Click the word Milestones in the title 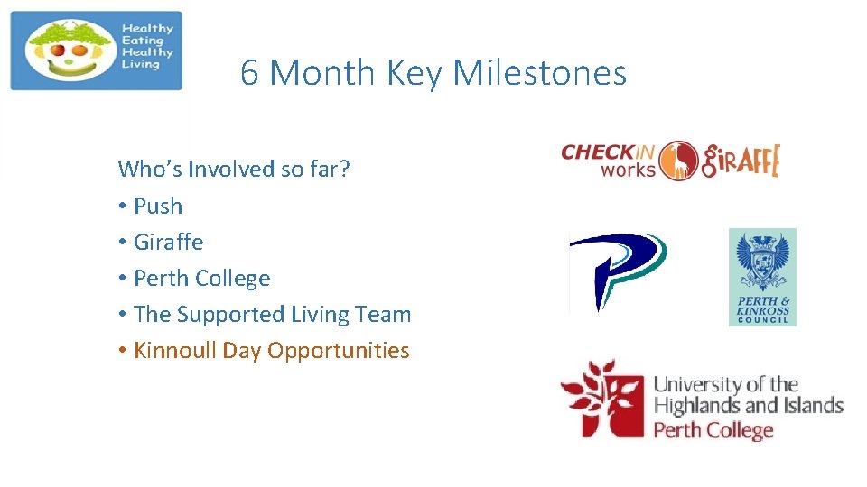[x=539, y=73]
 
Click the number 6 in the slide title [x=250, y=73]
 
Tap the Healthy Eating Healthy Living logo [x=97, y=51]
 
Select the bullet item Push [x=158, y=207]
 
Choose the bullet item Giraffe [x=169, y=243]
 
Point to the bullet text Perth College [x=201, y=279]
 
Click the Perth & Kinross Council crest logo [x=762, y=277]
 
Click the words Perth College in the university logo [x=713, y=429]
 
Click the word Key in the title [x=416, y=73]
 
